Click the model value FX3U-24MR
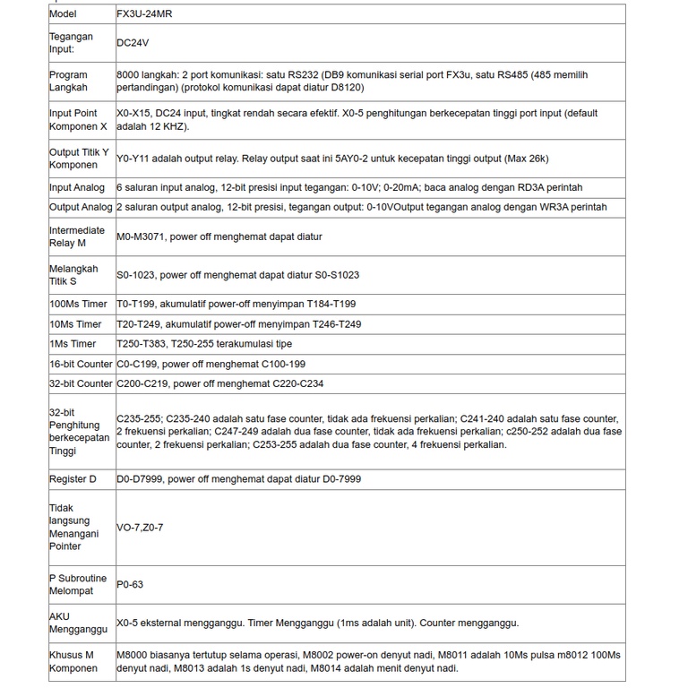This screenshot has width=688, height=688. pyautogui.click(x=148, y=14)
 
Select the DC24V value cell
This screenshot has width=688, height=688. pyautogui.click(x=133, y=42)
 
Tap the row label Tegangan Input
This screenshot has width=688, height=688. pyautogui.click(x=71, y=42)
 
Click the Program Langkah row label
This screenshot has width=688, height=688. pyautogui.click(x=69, y=82)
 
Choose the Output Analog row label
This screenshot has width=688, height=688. pyautogui.click(x=81, y=207)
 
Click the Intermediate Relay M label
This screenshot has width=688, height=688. pyautogui.click(x=77, y=236)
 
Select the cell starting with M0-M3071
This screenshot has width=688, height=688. pyautogui.click(x=219, y=236)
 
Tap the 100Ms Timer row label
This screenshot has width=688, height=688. pyautogui.click(x=76, y=305)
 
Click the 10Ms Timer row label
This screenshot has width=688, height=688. pyautogui.click(x=75, y=324)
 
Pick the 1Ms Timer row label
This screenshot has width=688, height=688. pyautogui.click(x=73, y=344)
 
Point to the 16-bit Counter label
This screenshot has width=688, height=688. pyautogui.click(x=81, y=365)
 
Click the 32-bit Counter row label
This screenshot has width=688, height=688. pyautogui.click(x=81, y=383)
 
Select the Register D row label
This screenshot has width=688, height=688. pyautogui.click(x=73, y=479)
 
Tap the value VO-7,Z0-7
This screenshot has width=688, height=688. pyautogui.click(x=140, y=528)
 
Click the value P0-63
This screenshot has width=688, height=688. pyautogui.click(x=130, y=584)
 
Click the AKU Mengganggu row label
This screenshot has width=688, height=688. pyautogui.click(x=73, y=623)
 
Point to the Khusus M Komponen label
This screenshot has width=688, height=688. pyautogui.click(x=73, y=661)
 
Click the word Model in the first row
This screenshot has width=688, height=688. pyautogui.click(x=63, y=14)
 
